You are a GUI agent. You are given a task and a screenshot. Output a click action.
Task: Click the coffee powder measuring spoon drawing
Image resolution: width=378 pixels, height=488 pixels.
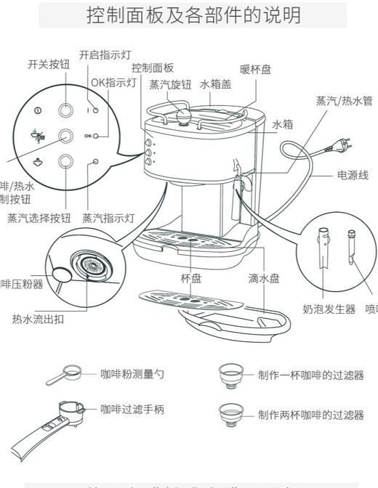pos(64,376)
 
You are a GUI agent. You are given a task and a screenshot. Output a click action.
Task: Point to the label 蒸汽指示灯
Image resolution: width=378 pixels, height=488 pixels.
pos(108,217)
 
